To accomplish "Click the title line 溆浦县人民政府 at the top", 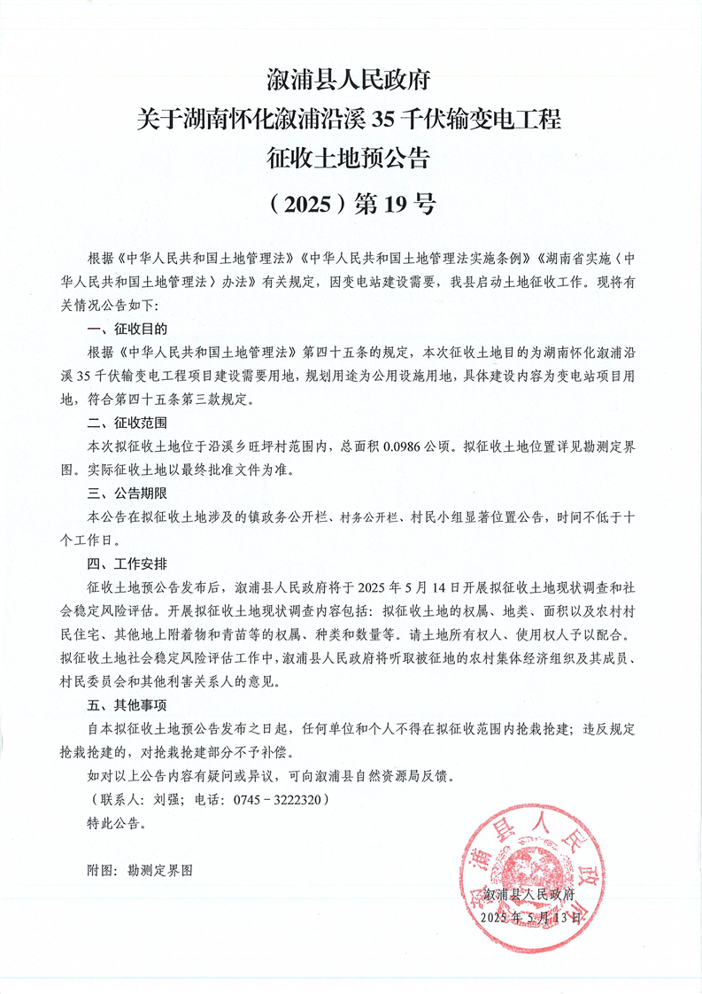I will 350,81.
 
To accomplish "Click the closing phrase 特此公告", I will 116,822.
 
